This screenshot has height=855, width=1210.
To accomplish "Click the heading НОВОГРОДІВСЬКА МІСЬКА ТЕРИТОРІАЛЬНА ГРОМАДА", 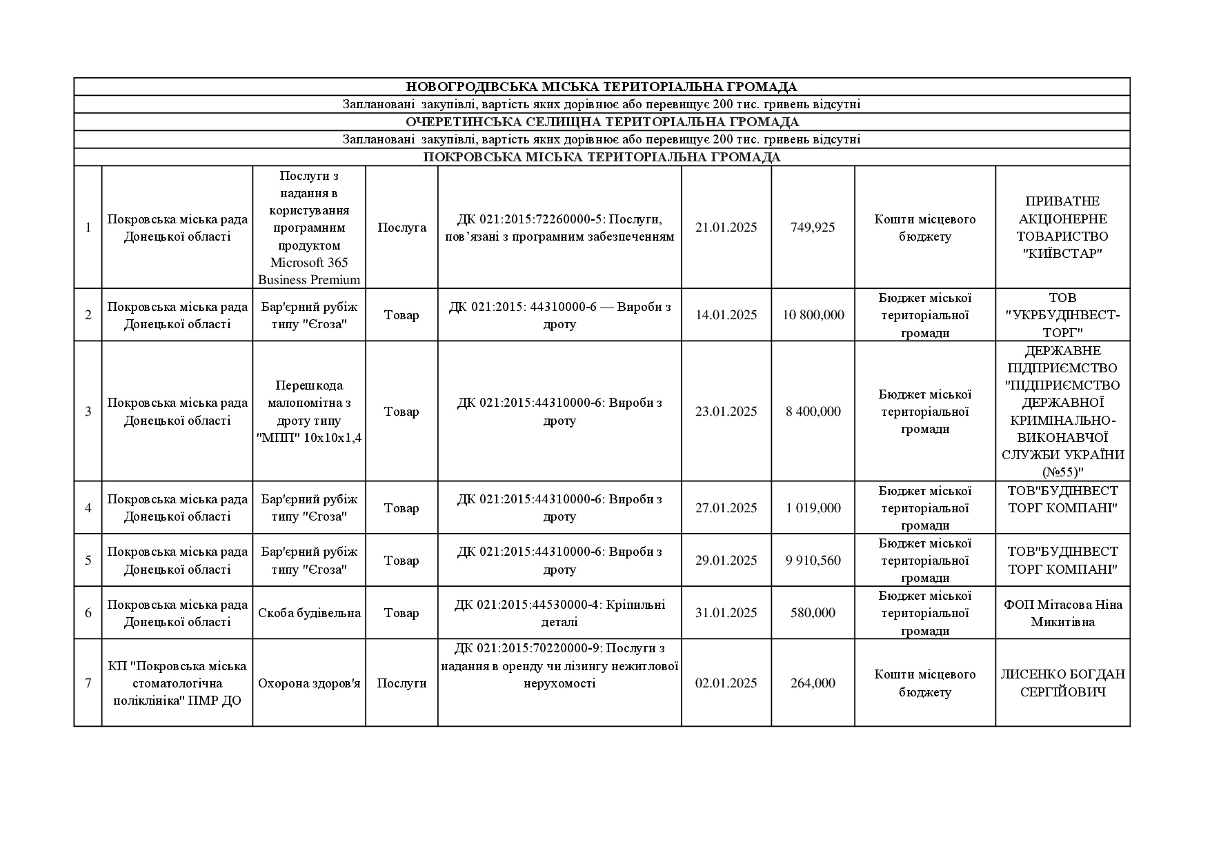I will point(601,87).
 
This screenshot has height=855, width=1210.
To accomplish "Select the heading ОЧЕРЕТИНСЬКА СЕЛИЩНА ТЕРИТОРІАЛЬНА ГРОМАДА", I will point(601,122).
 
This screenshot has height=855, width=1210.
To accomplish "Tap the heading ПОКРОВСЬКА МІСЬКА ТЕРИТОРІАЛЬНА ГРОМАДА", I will point(601,157).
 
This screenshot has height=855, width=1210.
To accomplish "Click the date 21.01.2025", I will point(726,228).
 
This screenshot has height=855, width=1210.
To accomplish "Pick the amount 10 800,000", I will point(813,315).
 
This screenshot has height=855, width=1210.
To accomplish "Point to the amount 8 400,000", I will point(813,412).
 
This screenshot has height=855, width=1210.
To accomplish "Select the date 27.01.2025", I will point(726,508).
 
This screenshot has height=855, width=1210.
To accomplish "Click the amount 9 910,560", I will point(813,561).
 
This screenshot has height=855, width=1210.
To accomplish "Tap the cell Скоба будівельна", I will point(309,613).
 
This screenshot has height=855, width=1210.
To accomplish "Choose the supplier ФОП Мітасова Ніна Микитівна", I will point(1062,613).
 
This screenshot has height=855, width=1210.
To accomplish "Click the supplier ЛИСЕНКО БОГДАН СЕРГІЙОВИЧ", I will point(1062,683).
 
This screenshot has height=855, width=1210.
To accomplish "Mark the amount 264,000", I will point(813,683).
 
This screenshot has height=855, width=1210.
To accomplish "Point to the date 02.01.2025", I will point(726,683).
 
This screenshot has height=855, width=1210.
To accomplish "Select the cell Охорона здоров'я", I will point(309,683).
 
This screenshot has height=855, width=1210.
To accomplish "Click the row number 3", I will point(88,412).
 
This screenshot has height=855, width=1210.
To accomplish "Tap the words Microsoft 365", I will point(309,263).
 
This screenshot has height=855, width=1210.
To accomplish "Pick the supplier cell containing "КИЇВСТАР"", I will point(1062,228).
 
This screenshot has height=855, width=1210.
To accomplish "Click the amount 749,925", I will point(813,228).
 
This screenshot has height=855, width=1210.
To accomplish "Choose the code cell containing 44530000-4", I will point(559,613).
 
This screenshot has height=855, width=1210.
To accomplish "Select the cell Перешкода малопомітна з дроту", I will point(309,412).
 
